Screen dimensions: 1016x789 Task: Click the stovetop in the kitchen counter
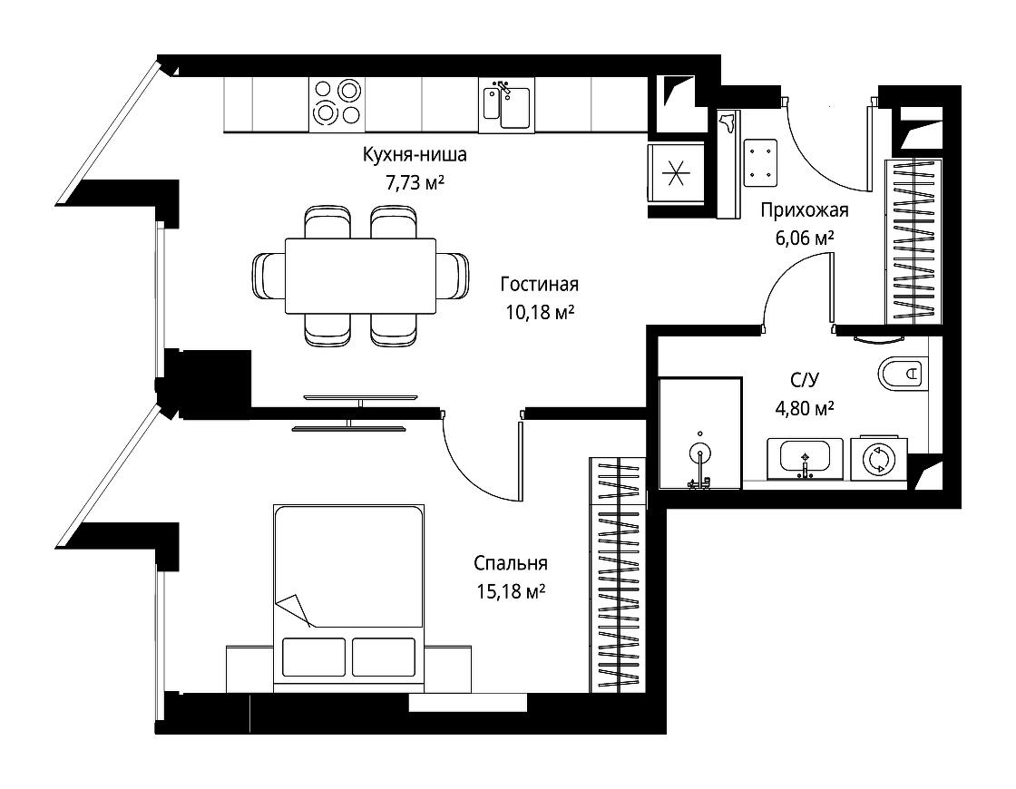pos(337,102)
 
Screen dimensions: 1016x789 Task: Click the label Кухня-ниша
pos(415,155)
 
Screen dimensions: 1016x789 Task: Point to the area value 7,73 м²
pos(415,183)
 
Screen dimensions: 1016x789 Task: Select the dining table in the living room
pos(360,276)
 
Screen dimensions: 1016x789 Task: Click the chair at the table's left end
pos(269,276)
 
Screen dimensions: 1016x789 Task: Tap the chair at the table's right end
pos(453,276)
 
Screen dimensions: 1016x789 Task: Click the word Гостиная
pos(539,285)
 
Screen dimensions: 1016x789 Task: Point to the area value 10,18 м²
pos(541,313)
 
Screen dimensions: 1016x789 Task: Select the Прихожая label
pos(804,209)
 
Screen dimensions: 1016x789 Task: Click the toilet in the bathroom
pos(904,374)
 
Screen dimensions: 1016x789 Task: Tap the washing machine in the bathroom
pos(878,458)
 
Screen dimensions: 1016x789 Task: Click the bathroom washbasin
pos(805,459)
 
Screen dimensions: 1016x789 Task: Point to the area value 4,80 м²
pos(804,409)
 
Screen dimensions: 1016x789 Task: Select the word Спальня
pos(511,563)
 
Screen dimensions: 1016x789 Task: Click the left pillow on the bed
pos(314,657)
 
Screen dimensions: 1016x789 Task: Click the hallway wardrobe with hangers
pos(913,241)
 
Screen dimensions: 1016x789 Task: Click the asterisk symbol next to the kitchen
pos(675,174)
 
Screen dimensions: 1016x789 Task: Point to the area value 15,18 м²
pos(511,591)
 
